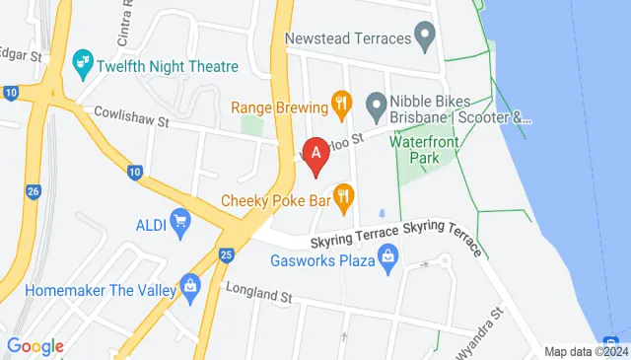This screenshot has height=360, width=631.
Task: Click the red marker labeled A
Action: click(315, 155)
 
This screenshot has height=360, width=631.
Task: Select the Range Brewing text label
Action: click(280, 104)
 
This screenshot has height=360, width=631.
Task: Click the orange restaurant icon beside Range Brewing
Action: click(341, 102)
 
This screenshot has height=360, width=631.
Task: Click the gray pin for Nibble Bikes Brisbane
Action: click(375, 104)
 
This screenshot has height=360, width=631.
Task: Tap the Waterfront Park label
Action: click(424, 149)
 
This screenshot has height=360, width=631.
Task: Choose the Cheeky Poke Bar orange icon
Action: click(344, 198)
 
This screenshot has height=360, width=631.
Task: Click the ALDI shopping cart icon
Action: click(179, 222)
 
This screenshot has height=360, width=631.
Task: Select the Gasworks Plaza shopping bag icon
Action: click(388, 258)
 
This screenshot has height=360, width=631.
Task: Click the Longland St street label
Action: click(260, 292)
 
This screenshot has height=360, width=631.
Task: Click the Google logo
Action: click(35, 346)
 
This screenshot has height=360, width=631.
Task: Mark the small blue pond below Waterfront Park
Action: click(381, 214)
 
